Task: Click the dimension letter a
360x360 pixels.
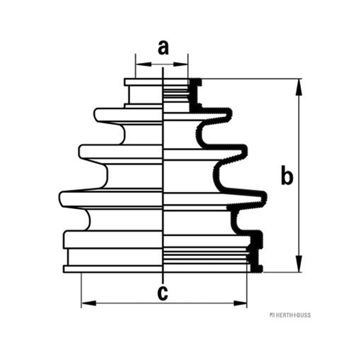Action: click(163, 48)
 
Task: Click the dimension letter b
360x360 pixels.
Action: click(287, 175)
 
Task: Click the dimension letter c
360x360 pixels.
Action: click(162, 293)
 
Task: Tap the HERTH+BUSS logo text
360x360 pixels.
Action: click(290, 315)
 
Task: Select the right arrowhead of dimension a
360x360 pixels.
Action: click(180, 64)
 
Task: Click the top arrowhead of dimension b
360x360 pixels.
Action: click(298, 87)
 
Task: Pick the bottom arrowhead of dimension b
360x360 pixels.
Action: click(298, 264)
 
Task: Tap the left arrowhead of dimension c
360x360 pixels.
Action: click(89, 303)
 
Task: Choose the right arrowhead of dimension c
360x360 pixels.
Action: click(240, 303)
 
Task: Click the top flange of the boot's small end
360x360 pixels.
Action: click(144, 82)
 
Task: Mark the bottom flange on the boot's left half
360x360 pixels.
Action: click(113, 269)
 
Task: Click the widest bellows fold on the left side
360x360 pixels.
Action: click(111, 199)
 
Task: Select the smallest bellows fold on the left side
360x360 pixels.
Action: click(129, 115)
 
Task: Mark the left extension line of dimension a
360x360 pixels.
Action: click(135, 66)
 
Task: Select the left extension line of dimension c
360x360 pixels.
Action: click(81, 290)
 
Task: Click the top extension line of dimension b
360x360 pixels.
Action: click(252, 79)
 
